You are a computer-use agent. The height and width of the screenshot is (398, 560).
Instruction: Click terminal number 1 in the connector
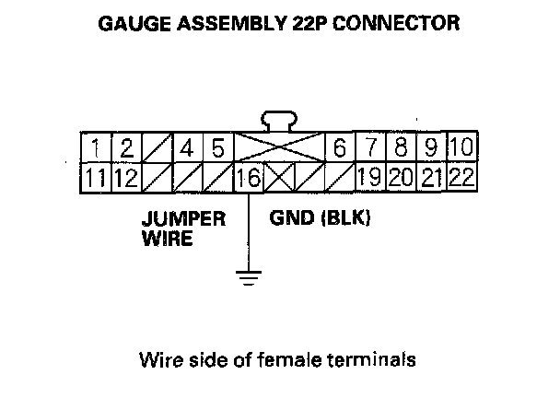click(96, 147)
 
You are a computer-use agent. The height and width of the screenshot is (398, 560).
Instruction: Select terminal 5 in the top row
click(217, 147)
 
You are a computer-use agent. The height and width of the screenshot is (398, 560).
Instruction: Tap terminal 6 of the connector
click(340, 147)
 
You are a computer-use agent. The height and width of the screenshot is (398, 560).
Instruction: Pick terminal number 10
click(462, 147)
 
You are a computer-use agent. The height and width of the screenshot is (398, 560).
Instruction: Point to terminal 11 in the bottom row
click(96, 177)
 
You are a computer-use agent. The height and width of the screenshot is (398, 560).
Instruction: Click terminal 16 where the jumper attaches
click(249, 177)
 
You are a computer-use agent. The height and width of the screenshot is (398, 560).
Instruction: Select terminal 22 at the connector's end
click(462, 177)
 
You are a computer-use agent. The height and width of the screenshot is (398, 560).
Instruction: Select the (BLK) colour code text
click(341, 221)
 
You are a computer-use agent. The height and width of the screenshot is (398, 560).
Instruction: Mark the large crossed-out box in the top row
click(279, 147)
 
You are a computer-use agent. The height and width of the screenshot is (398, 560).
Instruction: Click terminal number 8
click(402, 147)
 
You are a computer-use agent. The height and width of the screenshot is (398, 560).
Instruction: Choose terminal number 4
click(188, 147)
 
